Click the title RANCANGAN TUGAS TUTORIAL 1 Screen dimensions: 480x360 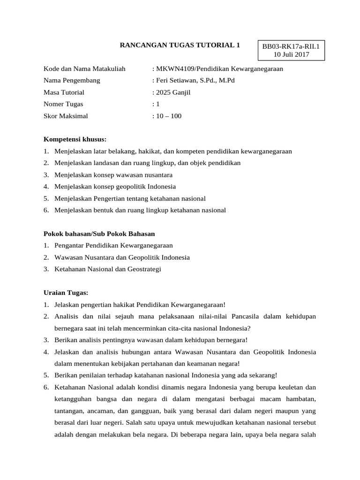180,45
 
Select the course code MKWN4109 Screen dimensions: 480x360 172,69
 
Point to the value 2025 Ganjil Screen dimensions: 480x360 173,92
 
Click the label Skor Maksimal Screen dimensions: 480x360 66,116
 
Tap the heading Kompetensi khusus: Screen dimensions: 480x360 75,139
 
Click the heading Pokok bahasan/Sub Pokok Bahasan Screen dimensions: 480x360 99,233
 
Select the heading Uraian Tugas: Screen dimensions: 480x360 66,292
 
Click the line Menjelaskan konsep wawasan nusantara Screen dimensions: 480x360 113,175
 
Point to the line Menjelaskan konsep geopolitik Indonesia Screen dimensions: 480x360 115,187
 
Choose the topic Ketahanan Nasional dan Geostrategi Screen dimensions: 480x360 108,269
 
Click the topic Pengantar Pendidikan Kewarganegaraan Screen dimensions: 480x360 113,245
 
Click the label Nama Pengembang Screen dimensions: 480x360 72,81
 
